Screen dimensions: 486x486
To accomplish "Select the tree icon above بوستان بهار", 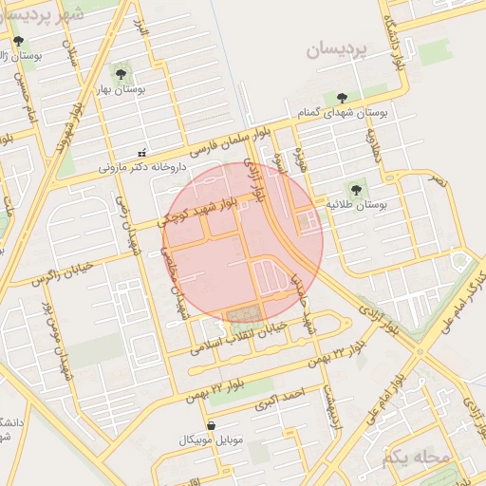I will (x=121, y=73).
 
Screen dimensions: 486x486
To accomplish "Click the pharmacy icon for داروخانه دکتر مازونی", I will (x=142, y=152).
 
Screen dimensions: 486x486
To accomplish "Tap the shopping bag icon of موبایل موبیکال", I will (x=211, y=425).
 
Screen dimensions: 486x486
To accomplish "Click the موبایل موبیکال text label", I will (x=211, y=441).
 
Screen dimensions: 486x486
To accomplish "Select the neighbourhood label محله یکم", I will (x=415, y=458).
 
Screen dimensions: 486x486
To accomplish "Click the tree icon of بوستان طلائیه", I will (x=357, y=189).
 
